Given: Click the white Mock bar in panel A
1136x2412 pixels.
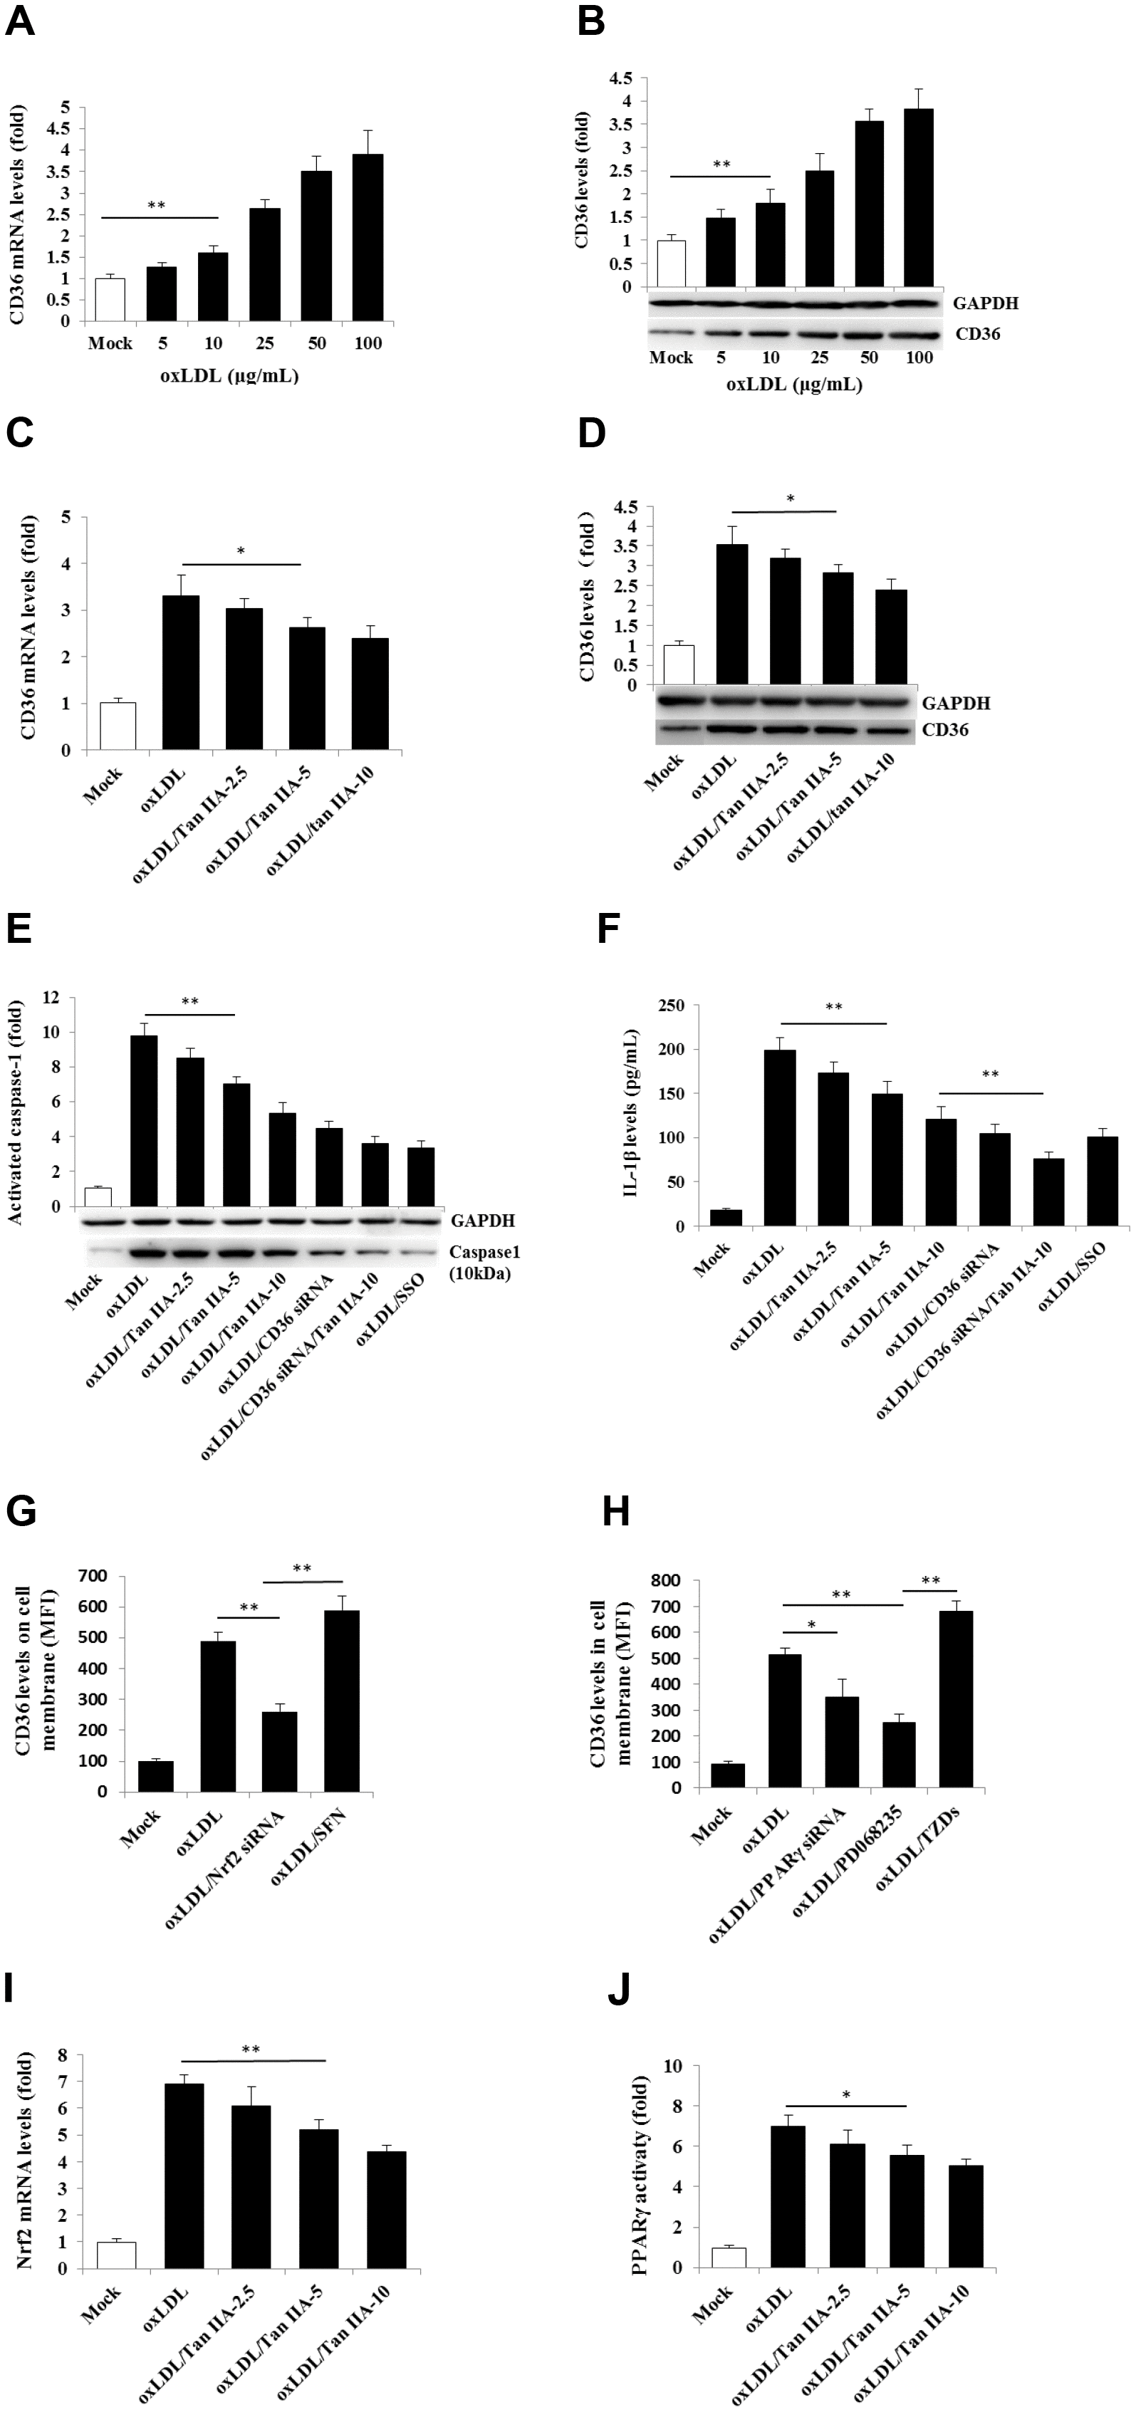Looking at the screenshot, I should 110,300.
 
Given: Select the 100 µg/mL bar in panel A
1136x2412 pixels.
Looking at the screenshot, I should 367,238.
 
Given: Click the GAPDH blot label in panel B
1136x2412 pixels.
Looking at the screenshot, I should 985,303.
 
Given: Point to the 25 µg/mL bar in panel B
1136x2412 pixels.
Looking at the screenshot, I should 820,229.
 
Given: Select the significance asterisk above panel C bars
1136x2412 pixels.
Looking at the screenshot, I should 241,551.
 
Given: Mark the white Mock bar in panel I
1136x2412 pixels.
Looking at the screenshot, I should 116,2255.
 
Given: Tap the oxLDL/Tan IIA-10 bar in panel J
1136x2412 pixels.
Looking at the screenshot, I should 966,2216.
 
